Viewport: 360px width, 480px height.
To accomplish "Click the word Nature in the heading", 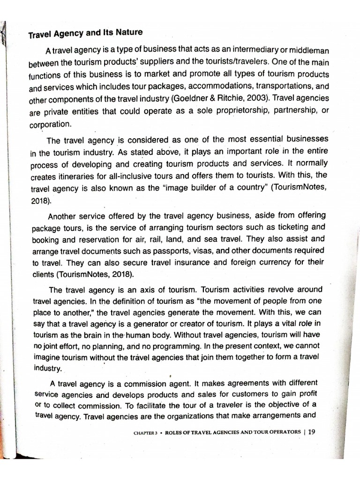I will (x=128, y=33).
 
